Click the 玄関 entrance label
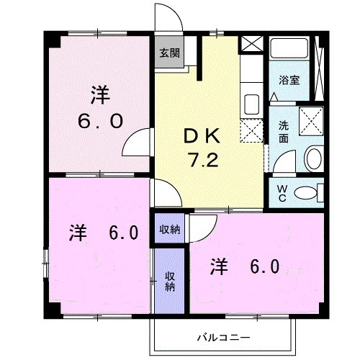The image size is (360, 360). pyautogui.click(x=170, y=53)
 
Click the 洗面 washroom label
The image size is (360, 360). pyautogui.click(x=284, y=130)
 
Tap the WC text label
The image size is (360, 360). pyautogui.click(x=283, y=192)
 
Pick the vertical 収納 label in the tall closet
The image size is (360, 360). pyautogui.click(x=170, y=282)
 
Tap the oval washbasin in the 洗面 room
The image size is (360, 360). pyautogui.click(x=312, y=158)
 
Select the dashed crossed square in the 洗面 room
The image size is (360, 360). pyautogui.click(x=311, y=118)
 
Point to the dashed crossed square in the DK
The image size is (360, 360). pyautogui.click(x=251, y=130)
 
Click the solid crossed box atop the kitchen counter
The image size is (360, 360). pyautogui.click(x=251, y=42)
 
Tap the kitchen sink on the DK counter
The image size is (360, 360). pyautogui.click(x=251, y=102)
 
